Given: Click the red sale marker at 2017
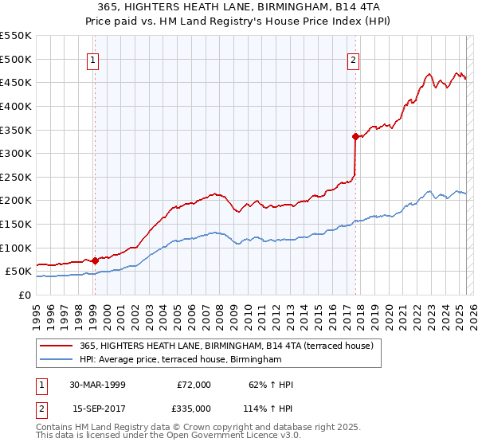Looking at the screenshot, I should [355, 136].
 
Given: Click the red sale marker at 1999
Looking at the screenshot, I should [95, 260].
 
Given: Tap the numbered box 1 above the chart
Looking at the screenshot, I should [93, 58].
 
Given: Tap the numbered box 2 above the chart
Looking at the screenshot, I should [353, 58].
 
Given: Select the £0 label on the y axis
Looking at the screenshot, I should [23, 295].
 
